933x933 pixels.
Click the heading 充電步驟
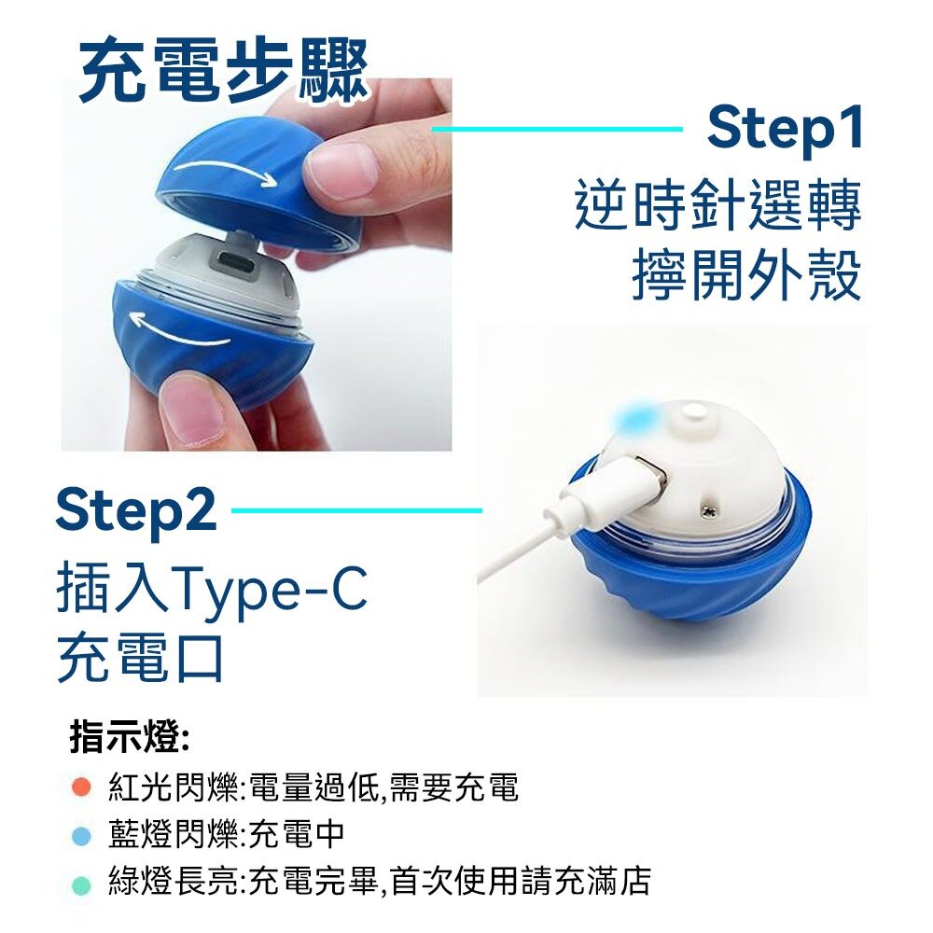(x=223, y=72)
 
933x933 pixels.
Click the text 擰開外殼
(x=746, y=275)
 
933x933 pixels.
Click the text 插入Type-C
(x=212, y=589)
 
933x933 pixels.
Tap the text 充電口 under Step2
(x=140, y=657)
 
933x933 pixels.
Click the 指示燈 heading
(x=131, y=737)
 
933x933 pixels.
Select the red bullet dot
(x=81, y=787)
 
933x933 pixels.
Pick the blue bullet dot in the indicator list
(x=81, y=835)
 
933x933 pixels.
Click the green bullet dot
(x=81, y=884)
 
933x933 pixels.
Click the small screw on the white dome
(x=708, y=508)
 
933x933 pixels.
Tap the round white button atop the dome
(x=692, y=412)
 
